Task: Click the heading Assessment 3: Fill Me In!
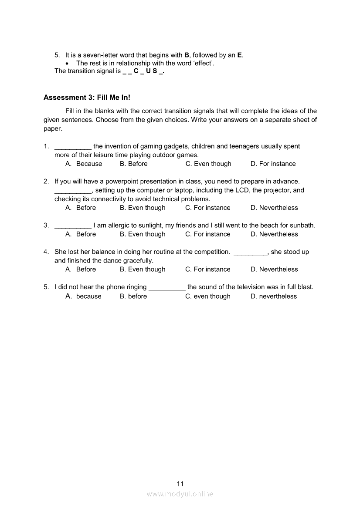coord(87,98)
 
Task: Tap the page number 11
coord(180,484)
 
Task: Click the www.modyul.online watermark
coord(180,494)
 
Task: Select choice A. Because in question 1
coord(84,164)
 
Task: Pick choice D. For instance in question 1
coord(273,164)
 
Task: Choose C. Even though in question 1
coord(208,164)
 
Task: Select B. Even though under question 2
coord(143,208)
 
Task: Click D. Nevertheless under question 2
coord(274,208)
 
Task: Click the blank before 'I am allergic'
coord(73,226)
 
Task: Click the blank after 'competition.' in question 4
coord(250,253)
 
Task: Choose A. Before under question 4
coord(81,270)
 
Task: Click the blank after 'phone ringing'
coord(167,288)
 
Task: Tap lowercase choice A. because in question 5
coord(83,297)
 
